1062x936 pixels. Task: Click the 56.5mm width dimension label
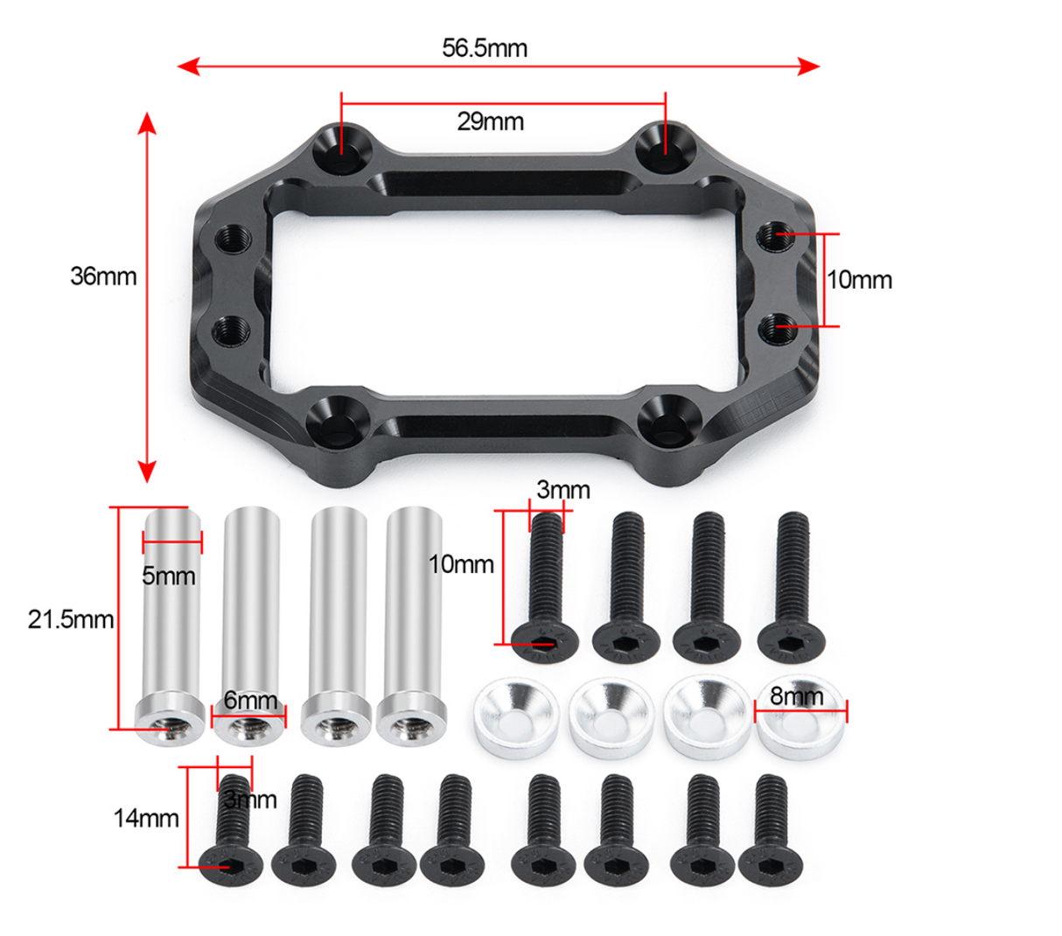click(x=484, y=47)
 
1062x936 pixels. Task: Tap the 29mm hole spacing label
click(x=490, y=121)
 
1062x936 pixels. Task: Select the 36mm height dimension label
click(x=103, y=276)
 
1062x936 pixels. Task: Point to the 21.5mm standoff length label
click(x=71, y=619)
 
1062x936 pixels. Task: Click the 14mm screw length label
click(x=145, y=818)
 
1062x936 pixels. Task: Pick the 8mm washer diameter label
click(x=796, y=696)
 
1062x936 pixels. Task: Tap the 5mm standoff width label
click(x=169, y=576)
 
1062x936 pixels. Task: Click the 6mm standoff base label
click(x=250, y=700)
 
